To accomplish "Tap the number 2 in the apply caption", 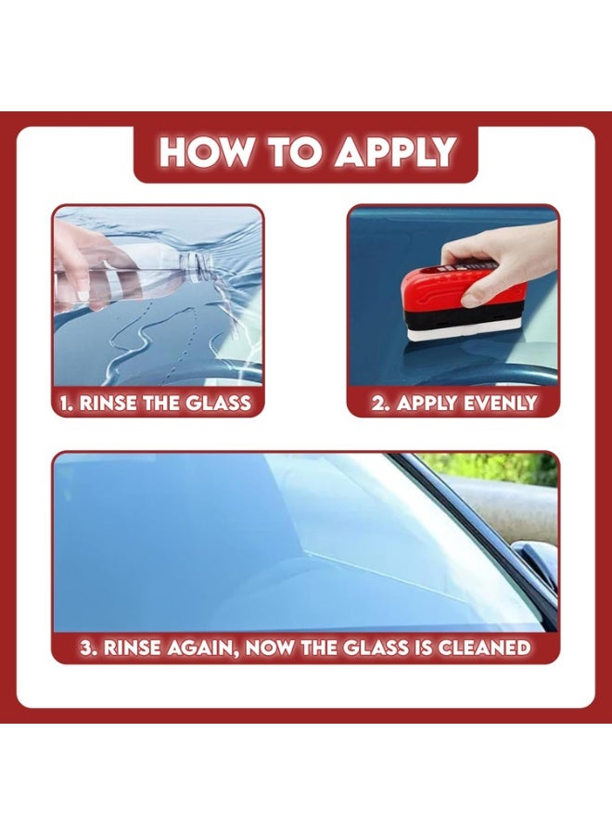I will [376, 403].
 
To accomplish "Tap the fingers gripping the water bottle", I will [88, 278].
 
